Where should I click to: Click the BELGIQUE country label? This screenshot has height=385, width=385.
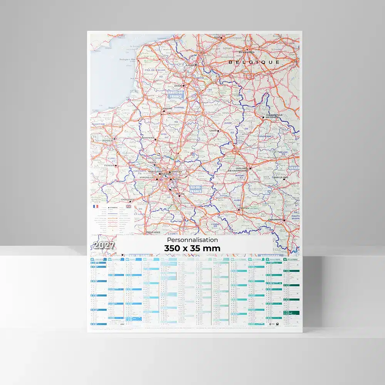[x=254, y=62]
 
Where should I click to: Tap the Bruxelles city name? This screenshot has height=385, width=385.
[x=246, y=52]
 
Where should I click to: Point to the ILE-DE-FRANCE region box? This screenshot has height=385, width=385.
[x=196, y=189]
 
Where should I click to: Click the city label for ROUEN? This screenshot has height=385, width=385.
[x=108, y=141]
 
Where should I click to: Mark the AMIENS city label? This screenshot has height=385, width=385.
[x=167, y=109]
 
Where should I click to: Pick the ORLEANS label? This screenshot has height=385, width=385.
[x=153, y=232]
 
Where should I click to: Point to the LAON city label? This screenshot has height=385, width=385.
[x=214, y=130]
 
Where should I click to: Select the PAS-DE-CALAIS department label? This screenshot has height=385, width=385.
[x=156, y=70]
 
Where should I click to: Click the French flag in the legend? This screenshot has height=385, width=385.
[x=95, y=206]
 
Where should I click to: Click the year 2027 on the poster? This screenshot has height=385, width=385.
[x=102, y=245]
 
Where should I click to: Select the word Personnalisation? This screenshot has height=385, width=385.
[x=192, y=240]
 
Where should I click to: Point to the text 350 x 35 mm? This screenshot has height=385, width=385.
[x=192, y=248]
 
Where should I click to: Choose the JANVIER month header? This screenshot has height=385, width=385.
[x=99, y=260]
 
